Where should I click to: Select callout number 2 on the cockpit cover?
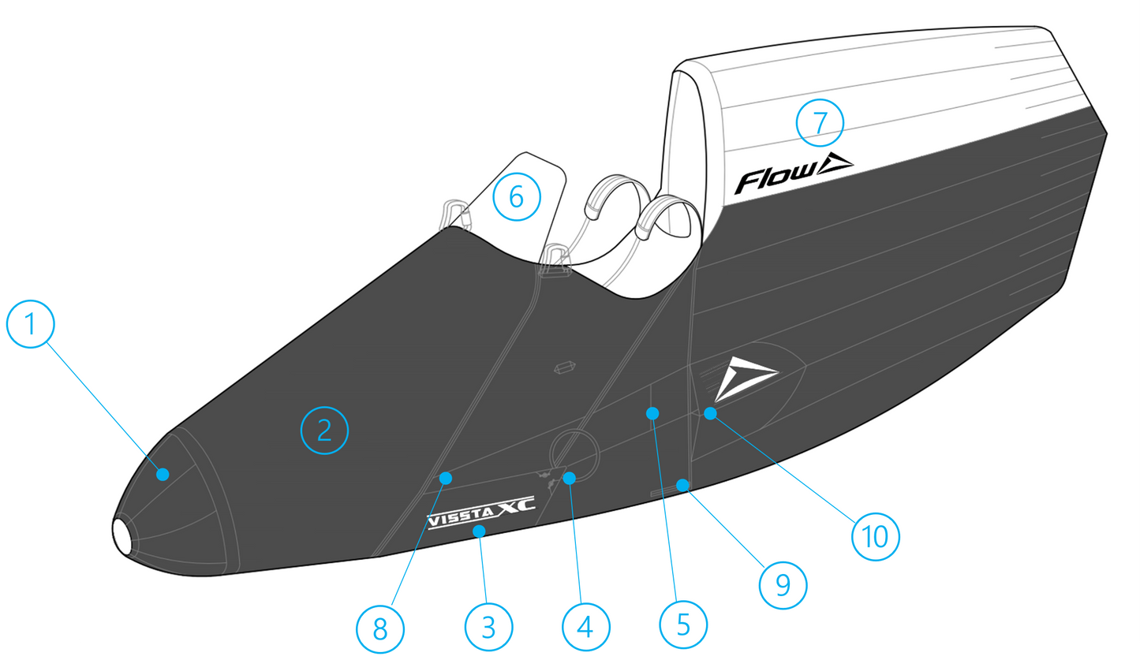click(324, 430)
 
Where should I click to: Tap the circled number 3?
click(488, 628)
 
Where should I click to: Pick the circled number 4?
click(585, 628)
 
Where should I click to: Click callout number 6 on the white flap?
click(517, 196)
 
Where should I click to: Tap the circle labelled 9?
click(783, 584)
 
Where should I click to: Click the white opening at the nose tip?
click(123, 536)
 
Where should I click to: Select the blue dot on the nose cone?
click(163, 474)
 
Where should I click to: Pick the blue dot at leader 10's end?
click(710, 412)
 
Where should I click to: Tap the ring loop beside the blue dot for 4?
click(574, 449)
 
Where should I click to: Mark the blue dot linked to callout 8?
click(446, 477)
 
